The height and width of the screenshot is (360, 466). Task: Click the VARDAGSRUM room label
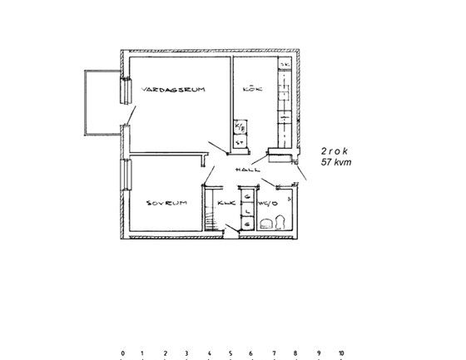173,88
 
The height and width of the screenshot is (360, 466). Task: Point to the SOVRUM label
165,202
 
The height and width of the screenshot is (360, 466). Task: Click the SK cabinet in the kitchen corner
285,64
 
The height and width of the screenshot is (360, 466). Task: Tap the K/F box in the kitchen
240,127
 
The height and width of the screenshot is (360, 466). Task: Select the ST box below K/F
240,142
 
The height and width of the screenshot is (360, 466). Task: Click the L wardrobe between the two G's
247,210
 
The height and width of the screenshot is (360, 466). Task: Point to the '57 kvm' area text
336,163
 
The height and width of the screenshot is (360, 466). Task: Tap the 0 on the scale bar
122,353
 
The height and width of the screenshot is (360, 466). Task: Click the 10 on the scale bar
340,353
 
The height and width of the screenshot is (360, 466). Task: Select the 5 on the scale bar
231,353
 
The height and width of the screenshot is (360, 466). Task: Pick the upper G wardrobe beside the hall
247,196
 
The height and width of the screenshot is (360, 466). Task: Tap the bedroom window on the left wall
126,175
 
